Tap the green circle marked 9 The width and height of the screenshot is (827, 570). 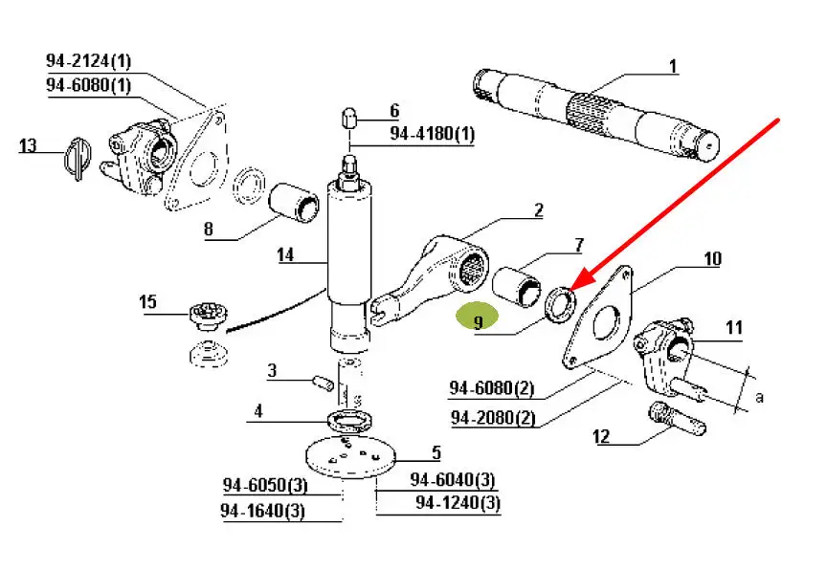(x=478, y=318)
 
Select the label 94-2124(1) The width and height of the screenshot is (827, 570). (x=88, y=61)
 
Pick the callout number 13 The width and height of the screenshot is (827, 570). (x=28, y=145)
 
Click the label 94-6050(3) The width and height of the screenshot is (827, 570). (x=263, y=485)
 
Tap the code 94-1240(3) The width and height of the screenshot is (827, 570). (x=458, y=503)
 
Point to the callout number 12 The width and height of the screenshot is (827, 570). (x=601, y=437)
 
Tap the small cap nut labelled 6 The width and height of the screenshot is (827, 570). (x=350, y=119)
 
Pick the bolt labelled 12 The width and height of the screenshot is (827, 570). (x=670, y=418)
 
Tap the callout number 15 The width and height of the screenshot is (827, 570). (x=147, y=302)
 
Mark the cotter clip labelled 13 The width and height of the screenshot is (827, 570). (x=78, y=158)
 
